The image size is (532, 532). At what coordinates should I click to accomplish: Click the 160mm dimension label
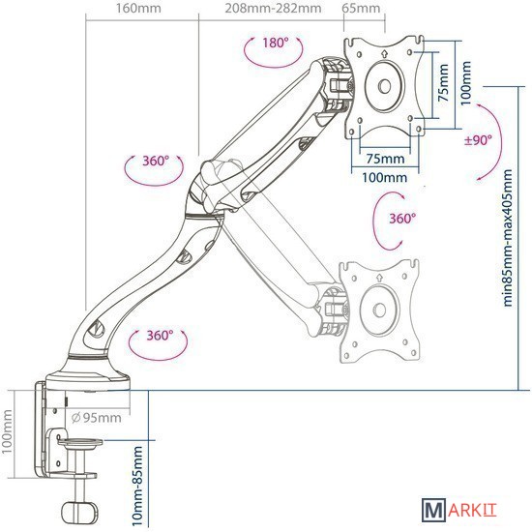click(138, 8)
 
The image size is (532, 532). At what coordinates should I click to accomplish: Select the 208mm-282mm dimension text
click(273, 8)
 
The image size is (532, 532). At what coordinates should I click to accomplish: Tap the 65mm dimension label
click(361, 8)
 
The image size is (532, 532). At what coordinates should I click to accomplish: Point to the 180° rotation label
click(276, 44)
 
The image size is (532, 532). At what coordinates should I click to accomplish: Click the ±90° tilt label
click(478, 140)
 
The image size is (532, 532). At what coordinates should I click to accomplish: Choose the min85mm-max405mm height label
click(507, 238)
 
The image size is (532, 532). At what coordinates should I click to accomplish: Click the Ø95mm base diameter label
click(97, 418)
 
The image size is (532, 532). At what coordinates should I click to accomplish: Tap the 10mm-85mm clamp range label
click(137, 486)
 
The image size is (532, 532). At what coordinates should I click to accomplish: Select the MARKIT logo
click(459, 510)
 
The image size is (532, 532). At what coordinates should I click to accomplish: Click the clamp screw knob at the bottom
click(79, 511)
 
